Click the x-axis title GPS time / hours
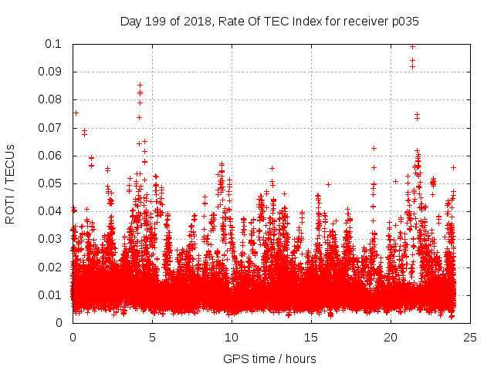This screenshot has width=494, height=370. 269,358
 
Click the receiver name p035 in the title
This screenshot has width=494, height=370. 403,22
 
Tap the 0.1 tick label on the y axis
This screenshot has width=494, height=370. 54,44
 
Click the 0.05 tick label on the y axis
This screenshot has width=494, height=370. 51,183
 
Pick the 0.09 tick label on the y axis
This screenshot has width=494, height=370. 51,72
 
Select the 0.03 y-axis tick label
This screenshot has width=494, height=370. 51,239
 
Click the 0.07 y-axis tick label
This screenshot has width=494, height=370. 51,127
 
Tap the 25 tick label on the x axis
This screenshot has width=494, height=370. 470,338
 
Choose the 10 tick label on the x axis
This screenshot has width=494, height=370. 232,338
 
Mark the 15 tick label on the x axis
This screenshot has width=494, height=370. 311,338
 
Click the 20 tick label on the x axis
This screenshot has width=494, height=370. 391,338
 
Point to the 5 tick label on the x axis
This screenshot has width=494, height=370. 152,338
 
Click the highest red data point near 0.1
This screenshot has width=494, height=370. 412,46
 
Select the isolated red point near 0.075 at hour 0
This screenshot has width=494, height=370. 75,113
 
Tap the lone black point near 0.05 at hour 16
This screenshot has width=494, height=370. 328,184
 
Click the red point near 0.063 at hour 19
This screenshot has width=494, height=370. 374,148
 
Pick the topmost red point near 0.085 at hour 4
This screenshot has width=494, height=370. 140,86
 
